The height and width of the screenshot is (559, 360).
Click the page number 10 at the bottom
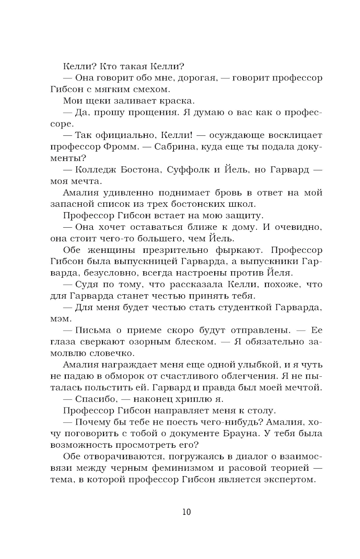(186, 511)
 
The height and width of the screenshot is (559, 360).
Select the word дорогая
(196, 78)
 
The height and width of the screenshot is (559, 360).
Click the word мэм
(60, 319)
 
